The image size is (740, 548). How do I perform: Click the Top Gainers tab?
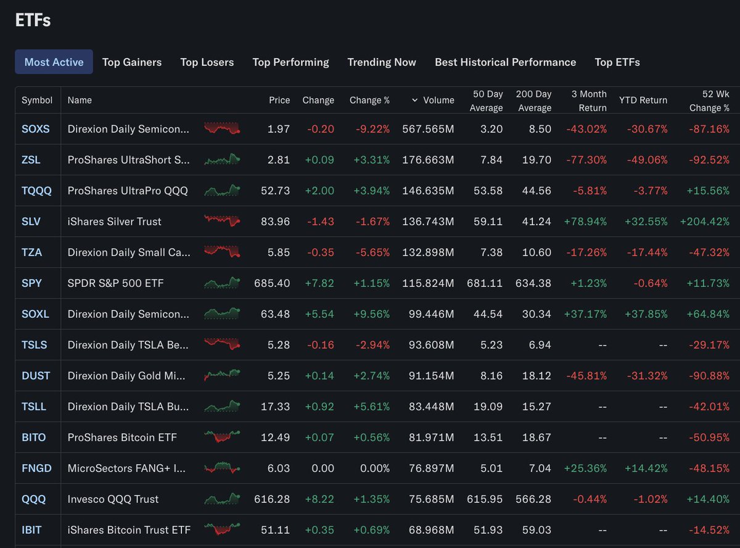point(132,62)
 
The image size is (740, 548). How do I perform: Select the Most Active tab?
point(54,62)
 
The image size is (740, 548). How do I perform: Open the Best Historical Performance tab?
point(505,62)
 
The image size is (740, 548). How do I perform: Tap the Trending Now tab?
point(382,62)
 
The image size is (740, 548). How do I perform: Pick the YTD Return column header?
point(643,100)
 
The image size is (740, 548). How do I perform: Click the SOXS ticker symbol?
point(35,129)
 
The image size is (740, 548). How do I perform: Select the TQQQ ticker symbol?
point(36,191)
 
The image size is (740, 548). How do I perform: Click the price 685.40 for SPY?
point(272,283)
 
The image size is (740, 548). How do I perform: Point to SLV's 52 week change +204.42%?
point(705,222)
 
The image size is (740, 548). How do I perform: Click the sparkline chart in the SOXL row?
point(222,314)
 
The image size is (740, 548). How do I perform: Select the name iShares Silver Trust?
point(115,222)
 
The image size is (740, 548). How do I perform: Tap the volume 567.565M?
point(428,129)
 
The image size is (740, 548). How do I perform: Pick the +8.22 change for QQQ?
point(319,499)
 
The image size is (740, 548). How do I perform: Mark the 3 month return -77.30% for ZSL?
point(586,160)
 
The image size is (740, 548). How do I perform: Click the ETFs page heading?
point(33,20)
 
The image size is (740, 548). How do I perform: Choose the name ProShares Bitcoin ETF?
point(122,438)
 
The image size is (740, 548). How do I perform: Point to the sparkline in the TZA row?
point(222,252)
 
